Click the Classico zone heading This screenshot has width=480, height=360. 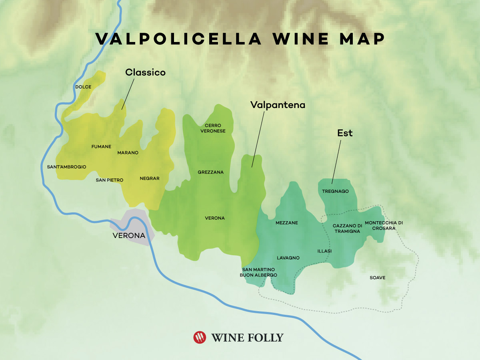(x=145, y=72)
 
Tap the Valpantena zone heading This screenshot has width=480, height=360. (x=278, y=105)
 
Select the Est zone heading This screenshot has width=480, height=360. (x=344, y=133)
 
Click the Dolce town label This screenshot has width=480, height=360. (x=83, y=87)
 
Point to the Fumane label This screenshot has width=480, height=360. (x=101, y=146)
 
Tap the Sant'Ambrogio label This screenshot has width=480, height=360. (x=66, y=166)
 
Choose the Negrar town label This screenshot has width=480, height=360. (x=150, y=178)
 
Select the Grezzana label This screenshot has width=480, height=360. (x=210, y=172)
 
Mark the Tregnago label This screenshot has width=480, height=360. (x=335, y=191)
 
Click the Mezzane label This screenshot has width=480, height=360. (x=287, y=223)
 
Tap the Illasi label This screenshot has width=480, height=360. (x=324, y=251)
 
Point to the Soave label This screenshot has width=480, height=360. (x=378, y=277)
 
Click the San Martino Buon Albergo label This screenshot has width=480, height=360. (x=258, y=272)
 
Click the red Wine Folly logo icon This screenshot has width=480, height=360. (x=200, y=337)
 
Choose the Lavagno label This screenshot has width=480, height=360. (x=288, y=258)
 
